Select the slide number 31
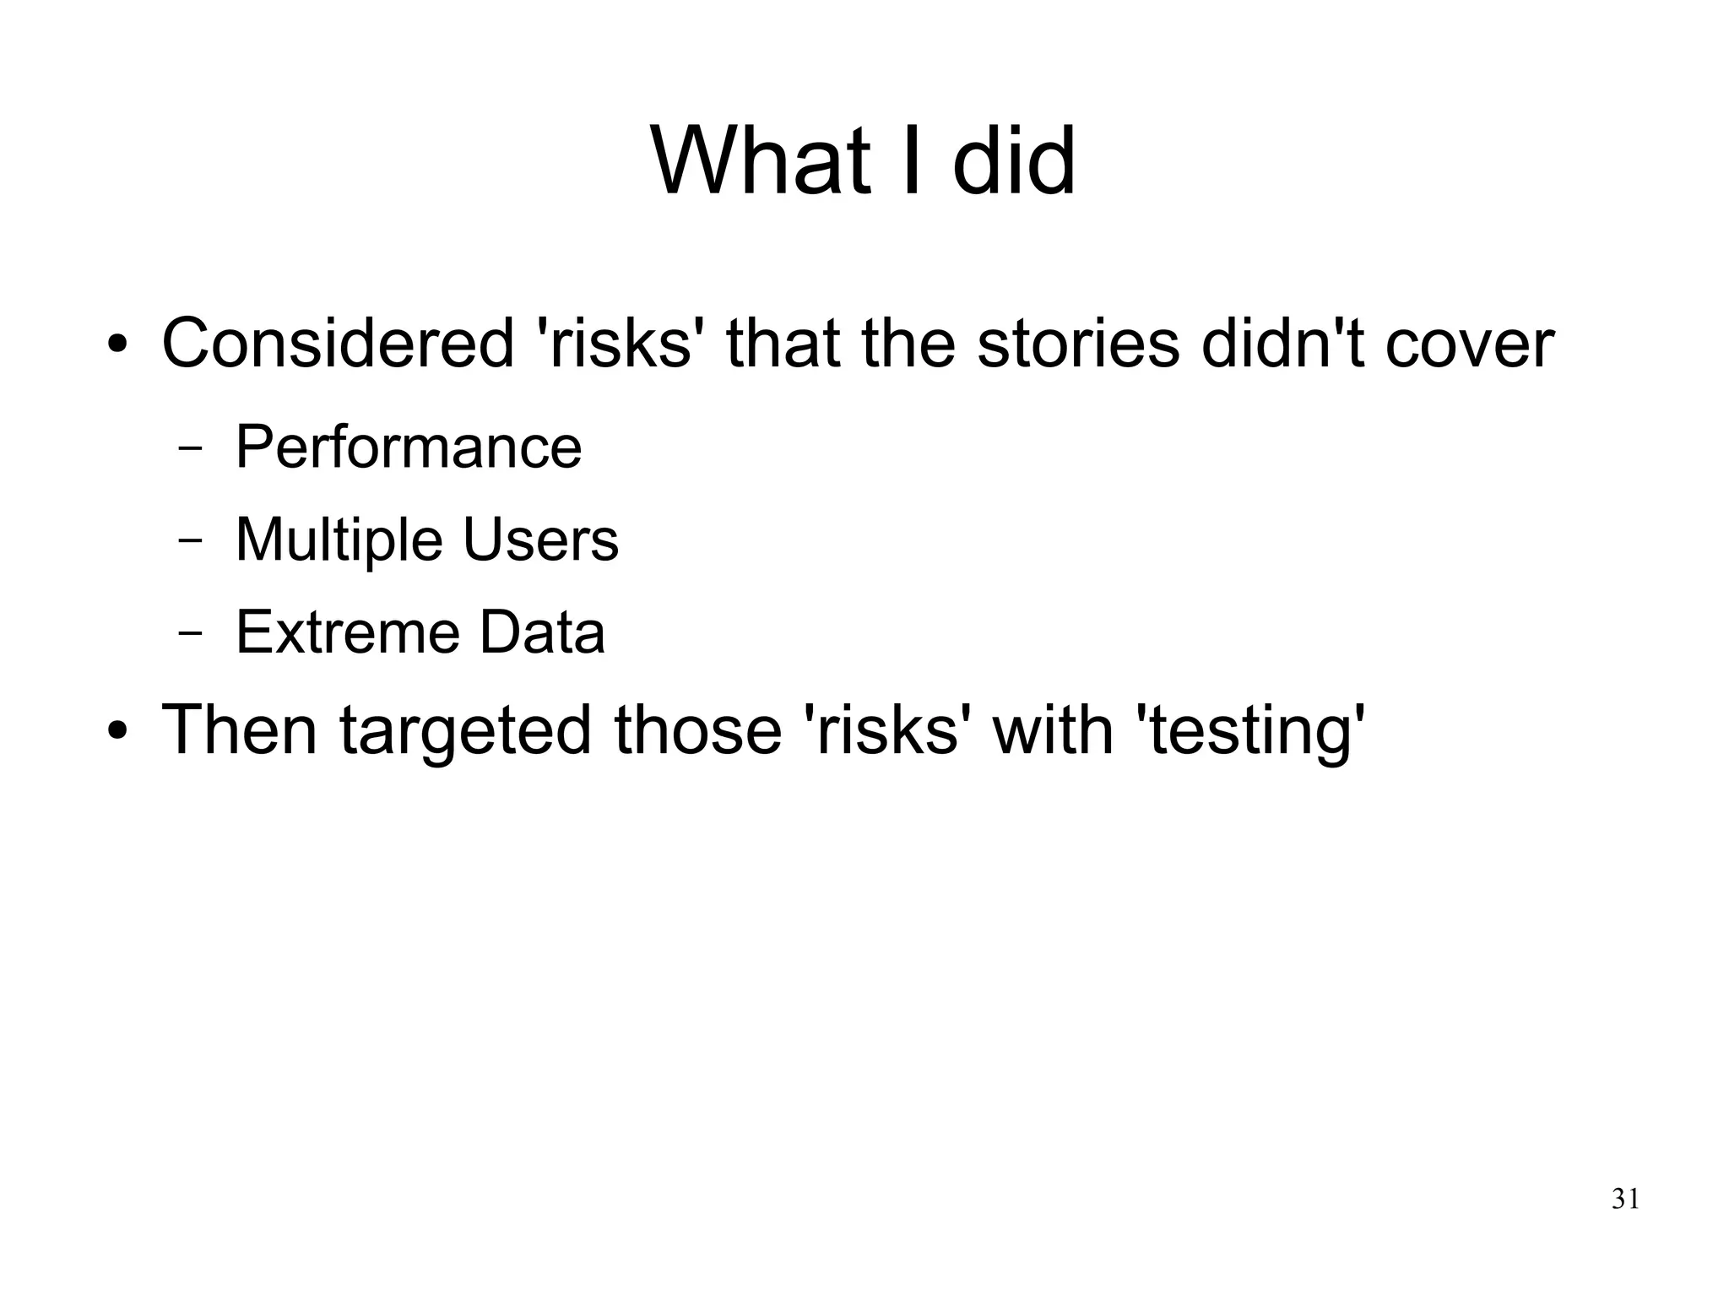coord(1625,1199)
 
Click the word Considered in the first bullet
coord(338,344)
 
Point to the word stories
coord(1078,344)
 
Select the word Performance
coord(409,447)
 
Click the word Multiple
coord(339,540)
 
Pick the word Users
coord(541,540)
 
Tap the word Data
coord(542,632)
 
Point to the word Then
coord(239,729)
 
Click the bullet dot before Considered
coord(118,346)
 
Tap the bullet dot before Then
coord(118,731)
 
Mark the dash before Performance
coord(191,449)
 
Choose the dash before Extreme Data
coord(191,634)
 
